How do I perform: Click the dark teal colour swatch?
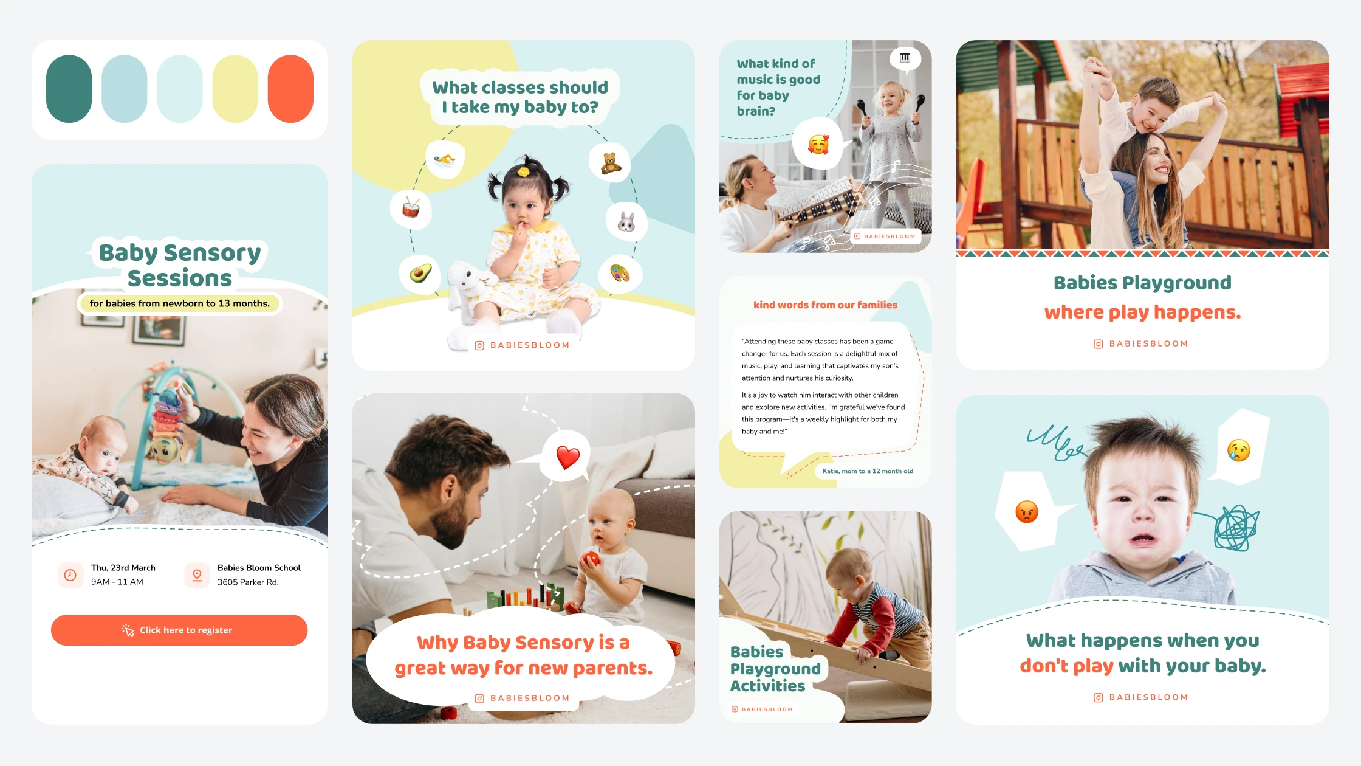[x=69, y=89]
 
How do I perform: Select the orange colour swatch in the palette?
[x=290, y=89]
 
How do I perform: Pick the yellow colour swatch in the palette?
[x=235, y=89]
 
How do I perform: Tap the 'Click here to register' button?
[x=179, y=630]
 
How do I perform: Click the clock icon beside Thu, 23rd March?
[x=70, y=574]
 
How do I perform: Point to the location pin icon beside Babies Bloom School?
[x=197, y=574]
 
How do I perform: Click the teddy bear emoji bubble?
[x=610, y=162]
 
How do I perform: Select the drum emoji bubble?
[x=411, y=209]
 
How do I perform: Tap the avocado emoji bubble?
[x=420, y=274]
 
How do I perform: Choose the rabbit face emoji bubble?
[x=626, y=221]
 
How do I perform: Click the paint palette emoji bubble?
[x=619, y=274]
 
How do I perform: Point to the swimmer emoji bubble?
[x=445, y=159]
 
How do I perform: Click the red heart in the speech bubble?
[x=568, y=457]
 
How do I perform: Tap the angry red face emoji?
[x=1027, y=512]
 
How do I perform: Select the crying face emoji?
[x=1239, y=450]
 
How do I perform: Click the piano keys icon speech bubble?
[x=905, y=59]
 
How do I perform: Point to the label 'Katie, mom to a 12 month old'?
[x=868, y=471]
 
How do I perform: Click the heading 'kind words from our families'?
[x=825, y=305]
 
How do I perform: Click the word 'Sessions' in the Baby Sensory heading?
[x=180, y=278]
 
